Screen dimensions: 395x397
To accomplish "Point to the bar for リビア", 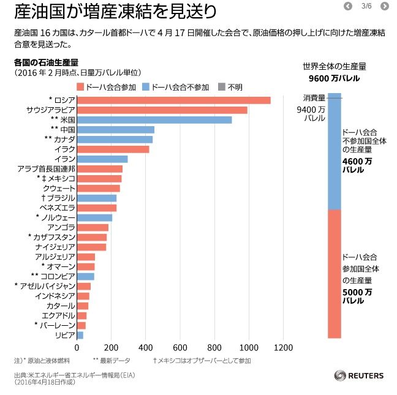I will [x=80, y=335].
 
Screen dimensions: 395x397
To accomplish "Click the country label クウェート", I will [x=59, y=188].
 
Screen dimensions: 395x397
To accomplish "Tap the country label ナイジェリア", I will [x=55, y=247].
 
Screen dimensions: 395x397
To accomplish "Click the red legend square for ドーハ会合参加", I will [x=80, y=87].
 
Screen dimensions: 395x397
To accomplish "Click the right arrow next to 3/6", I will [x=385, y=7].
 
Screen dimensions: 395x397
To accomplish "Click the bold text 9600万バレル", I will [x=334, y=78].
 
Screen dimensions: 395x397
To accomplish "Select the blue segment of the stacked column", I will [x=335, y=153].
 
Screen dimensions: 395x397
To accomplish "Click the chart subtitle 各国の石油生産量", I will [x=46, y=62].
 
